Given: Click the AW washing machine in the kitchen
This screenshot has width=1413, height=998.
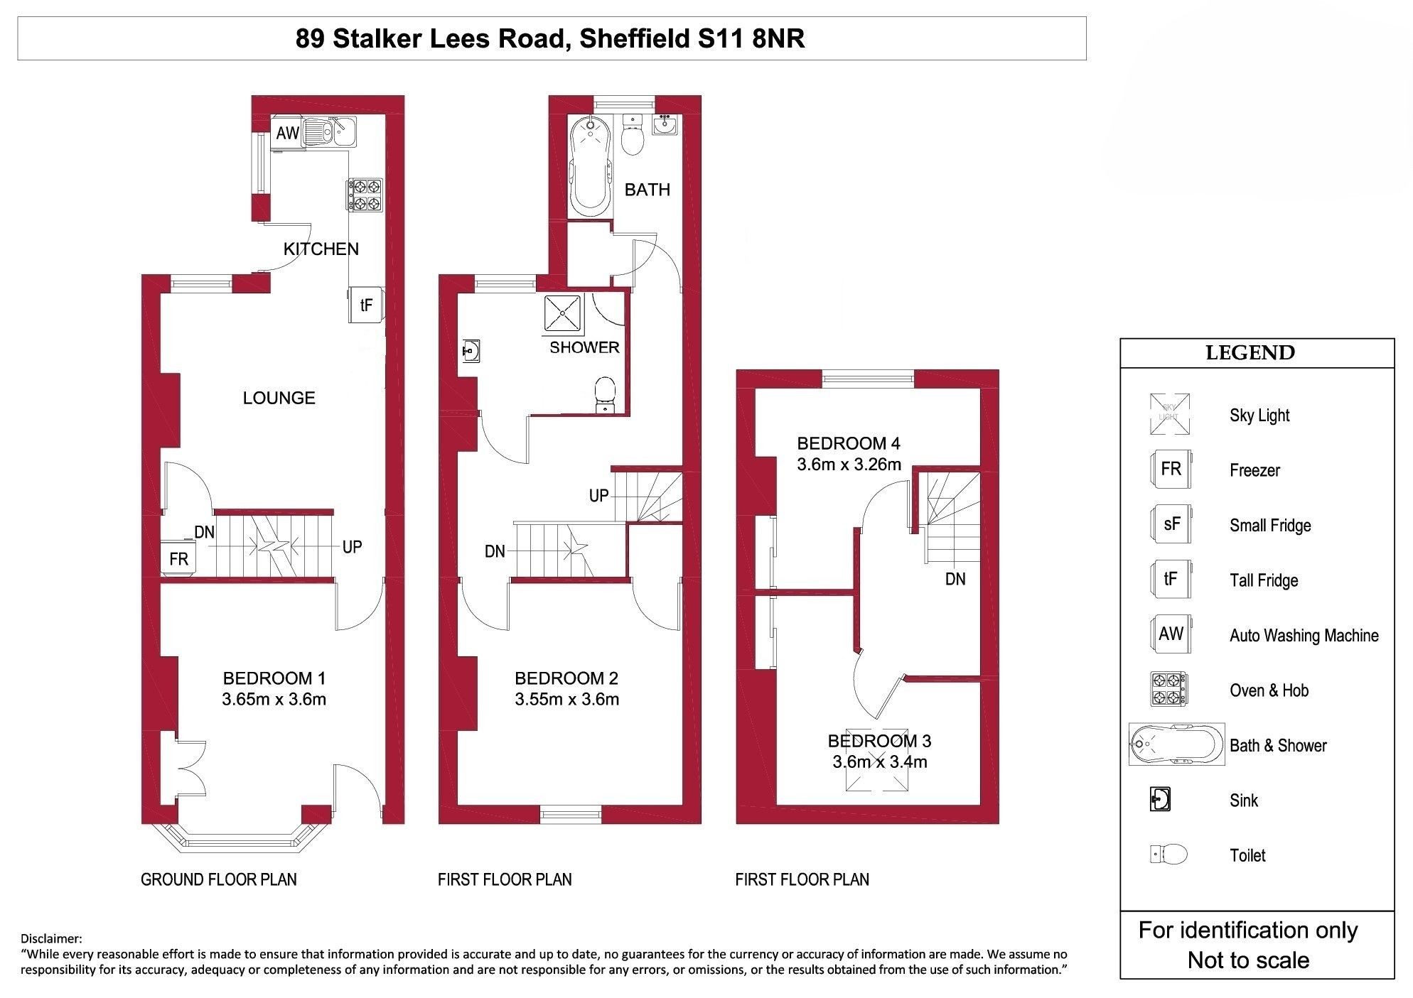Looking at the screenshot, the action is (287, 134).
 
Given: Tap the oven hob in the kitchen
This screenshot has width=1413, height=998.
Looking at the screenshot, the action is (365, 195).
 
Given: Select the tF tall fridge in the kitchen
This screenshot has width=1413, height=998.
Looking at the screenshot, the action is (367, 305).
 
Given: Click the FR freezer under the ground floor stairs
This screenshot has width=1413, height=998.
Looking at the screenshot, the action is (178, 559).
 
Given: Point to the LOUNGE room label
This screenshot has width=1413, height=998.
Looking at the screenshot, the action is (279, 398).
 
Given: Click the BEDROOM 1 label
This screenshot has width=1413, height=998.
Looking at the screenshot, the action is (274, 678).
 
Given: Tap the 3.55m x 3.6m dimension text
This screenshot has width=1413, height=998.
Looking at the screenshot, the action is (567, 700).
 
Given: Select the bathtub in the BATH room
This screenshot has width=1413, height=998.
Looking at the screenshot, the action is (590, 165).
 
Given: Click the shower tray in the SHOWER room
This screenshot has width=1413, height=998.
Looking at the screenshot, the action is (564, 313).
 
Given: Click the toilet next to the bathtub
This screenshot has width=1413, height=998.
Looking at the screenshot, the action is (632, 134).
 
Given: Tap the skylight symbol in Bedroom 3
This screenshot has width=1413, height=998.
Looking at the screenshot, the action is (877, 760).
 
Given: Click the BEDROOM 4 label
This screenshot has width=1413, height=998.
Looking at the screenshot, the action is (849, 444).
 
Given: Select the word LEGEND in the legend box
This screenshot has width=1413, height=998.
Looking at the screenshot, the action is (1250, 353).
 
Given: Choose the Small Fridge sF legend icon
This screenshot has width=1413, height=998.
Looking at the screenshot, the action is (1171, 524).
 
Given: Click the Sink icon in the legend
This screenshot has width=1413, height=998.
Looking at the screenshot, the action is (1160, 800).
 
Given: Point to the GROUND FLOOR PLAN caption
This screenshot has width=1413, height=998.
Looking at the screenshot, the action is (219, 879).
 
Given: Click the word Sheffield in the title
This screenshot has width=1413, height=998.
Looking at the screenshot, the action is (634, 38).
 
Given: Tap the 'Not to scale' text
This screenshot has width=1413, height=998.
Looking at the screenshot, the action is (1248, 960).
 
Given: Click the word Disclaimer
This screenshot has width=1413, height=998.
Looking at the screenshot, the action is (52, 939).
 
